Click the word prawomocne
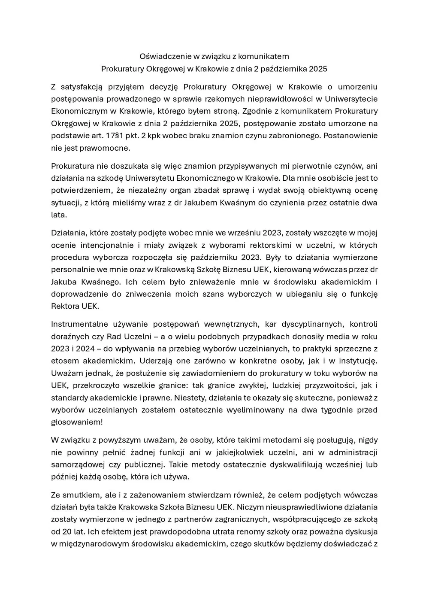(109, 148)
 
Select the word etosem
(63, 361)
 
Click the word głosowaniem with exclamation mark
(77, 422)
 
